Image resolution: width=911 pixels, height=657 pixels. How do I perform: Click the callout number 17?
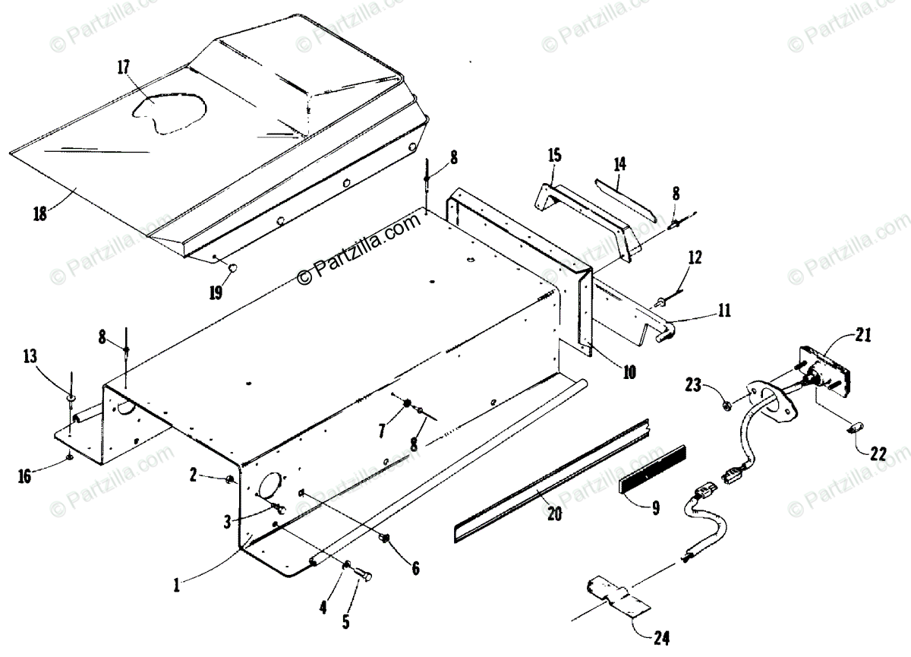(124, 67)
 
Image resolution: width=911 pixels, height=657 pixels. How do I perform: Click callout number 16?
(25, 476)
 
